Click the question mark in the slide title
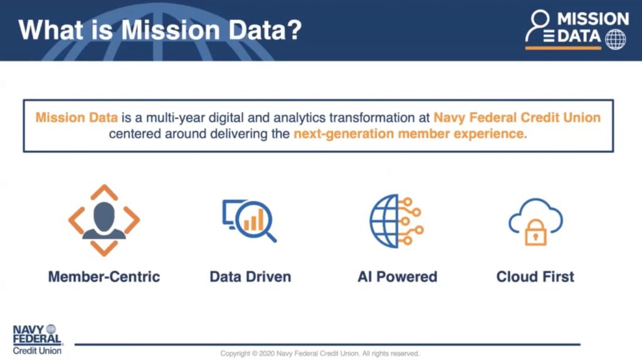click(293, 29)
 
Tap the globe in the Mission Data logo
click(616, 40)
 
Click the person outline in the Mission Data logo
click(537, 25)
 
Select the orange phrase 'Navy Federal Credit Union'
click(517, 117)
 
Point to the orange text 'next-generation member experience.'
click(410, 134)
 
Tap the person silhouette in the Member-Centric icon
click(104, 220)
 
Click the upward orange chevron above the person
click(104, 192)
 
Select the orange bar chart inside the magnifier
click(253, 221)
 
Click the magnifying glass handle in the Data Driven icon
click(271, 236)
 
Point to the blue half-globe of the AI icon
click(384, 221)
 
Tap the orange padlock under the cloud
click(535, 232)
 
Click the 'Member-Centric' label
click(104, 277)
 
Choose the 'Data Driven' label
click(250, 277)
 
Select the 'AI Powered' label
click(397, 277)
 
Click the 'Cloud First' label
click(535, 277)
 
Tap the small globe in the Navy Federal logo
click(51, 329)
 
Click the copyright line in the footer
click(320, 354)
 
